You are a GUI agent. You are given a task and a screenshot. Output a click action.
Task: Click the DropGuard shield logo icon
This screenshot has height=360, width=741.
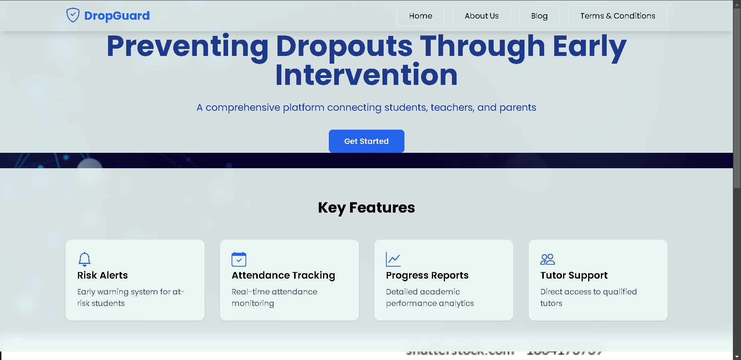73,15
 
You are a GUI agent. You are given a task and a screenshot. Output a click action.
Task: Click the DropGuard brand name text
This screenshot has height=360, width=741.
117,16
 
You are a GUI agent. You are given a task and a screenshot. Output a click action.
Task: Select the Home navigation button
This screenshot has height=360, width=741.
420,16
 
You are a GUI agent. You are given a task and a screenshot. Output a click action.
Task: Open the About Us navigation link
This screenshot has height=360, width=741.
481,16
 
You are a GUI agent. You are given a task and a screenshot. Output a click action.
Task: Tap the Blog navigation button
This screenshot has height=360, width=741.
539,16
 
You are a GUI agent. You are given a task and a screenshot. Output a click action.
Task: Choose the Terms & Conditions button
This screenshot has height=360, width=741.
617,16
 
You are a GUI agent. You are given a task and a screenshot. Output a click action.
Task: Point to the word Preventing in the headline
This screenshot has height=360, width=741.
187,46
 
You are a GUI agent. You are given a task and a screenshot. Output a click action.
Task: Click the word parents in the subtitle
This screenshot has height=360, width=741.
518,107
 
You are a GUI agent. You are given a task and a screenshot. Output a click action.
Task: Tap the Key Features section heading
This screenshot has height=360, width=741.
366,208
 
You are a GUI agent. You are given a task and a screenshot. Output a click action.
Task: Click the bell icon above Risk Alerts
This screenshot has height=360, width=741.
85,259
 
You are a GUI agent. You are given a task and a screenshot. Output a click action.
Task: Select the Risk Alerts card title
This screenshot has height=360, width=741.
102,275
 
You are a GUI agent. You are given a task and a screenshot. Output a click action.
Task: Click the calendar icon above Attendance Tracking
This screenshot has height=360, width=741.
239,259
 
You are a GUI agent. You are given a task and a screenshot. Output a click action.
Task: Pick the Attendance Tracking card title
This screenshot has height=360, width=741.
283,275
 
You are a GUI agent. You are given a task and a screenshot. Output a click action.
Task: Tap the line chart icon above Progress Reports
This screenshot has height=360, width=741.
393,259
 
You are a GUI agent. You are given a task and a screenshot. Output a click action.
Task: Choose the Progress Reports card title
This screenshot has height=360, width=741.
427,275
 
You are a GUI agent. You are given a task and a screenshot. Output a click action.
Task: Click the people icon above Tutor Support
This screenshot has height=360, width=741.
548,259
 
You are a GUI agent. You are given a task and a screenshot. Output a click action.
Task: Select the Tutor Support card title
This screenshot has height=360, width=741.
574,275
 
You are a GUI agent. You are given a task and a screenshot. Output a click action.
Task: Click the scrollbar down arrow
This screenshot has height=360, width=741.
737,357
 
